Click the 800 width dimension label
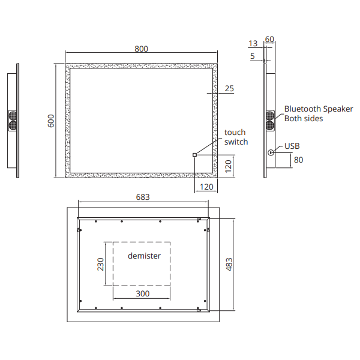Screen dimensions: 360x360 pos(141,49)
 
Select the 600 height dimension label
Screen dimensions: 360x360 pos(51,121)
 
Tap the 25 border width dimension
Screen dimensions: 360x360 pos(229,88)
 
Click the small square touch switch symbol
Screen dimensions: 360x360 pos(194,155)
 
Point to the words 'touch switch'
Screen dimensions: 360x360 pos(236,137)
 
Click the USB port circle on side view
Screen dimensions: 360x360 pos(271,152)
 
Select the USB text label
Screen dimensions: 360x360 pos(292,146)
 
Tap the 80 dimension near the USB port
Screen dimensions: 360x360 pos(298,160)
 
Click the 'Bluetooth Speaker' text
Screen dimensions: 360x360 pos(319,109)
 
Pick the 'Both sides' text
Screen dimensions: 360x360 pos(304,118)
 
